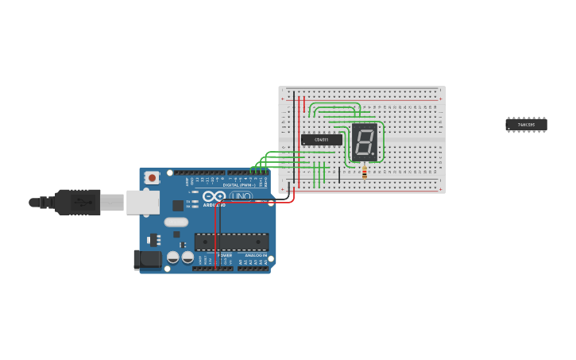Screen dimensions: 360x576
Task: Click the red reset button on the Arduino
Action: pos(151,177)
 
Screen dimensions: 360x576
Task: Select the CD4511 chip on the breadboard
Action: pos(322,140)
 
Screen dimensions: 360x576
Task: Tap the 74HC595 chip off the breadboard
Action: pos(526,125)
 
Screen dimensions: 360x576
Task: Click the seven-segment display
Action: pos(365,141)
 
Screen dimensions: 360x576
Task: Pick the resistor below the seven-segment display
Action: pos(364,171)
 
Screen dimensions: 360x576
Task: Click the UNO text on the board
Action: pos(241,196)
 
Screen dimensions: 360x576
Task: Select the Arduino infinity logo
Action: pos(214,195)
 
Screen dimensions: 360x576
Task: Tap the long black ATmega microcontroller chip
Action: pos(231,242)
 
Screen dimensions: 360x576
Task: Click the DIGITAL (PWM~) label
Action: pos(238,185)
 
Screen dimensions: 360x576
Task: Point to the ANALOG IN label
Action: pos(253,255)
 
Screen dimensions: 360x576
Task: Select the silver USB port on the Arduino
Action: pos(143,203)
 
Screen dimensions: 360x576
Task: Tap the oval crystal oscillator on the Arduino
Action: pos(176,223)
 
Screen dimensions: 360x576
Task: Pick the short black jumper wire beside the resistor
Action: pos(339,175)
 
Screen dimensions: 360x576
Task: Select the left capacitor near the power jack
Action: pos(172,257)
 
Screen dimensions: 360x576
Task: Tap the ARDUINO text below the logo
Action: pos(214,204)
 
